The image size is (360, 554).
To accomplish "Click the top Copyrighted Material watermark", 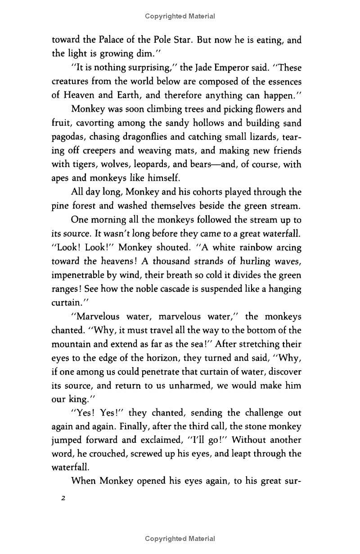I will point(180,16).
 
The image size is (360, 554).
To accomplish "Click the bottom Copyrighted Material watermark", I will point(180,539).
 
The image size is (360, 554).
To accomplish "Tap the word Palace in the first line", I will point(108,40).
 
